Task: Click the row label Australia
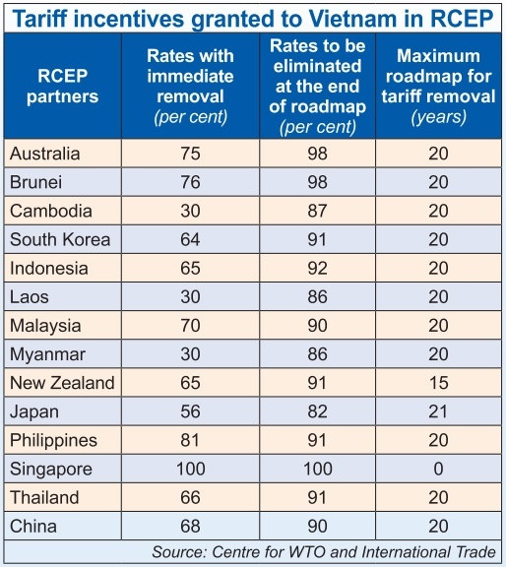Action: pyautogui.click(x=45, y=155)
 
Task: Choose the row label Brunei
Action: pyautogui.click(x=37, y=183)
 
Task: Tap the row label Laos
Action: pyautogui.click(x=30, y=296)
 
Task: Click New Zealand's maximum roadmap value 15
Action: pyautogui.click(x=437, y=382)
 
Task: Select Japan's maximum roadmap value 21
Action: pyautogui.click(x=437, y=410)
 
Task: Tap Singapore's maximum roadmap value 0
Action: pyautogui.click(x=437, y=468)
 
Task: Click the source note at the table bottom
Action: pyautogui.click(x=323, y=552)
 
